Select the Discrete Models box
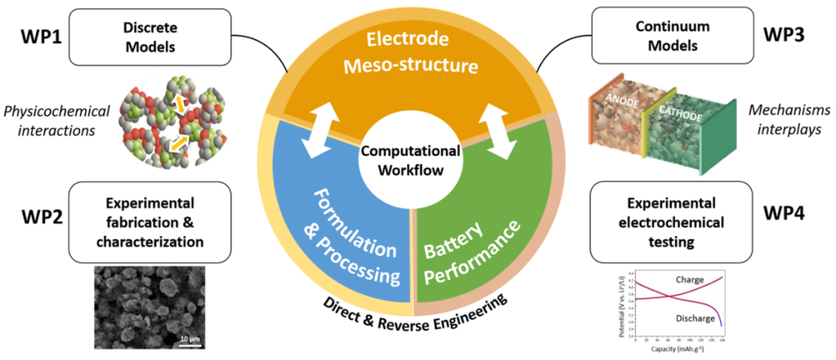pos(149,36)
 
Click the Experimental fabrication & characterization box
pos(149,221)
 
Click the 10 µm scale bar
pos(180,338)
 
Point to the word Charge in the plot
pos(688,279)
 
